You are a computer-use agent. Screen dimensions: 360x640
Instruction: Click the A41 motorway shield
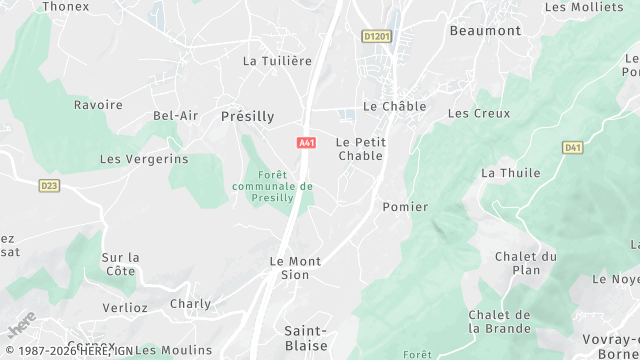click(x=307, y=143)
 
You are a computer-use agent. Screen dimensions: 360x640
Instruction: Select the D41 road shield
click(x=572, y=148)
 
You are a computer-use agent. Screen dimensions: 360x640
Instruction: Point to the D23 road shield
click(x=49, y=185)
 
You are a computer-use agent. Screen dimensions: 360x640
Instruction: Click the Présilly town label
click(x=247, y=116)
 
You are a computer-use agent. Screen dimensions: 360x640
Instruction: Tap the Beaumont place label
click(x=485, y=30)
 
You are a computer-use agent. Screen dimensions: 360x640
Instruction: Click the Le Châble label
click(x=394, y=106)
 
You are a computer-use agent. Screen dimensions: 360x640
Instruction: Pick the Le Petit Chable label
click(x=361, y=148)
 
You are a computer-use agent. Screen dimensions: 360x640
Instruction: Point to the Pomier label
click(x=405, y=207)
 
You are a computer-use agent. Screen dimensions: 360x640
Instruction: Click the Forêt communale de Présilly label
click(x=272, y=186)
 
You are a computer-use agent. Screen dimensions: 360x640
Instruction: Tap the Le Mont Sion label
click(x=296, y=268)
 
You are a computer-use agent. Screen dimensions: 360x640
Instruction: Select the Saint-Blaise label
click(x=306, y=338)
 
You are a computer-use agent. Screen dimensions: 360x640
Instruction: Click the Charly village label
click(x=190, y=304)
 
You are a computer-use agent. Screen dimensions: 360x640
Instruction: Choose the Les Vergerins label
click(x=144, y=159)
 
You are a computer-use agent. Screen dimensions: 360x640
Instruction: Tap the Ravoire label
click(x=98, y=105)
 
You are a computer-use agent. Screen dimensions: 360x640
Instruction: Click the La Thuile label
click(x=510, y=173)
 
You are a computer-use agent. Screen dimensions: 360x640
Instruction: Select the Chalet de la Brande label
click(x=498, y=321)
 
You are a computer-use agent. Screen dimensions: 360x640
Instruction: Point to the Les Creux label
click(x=472, y=113)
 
